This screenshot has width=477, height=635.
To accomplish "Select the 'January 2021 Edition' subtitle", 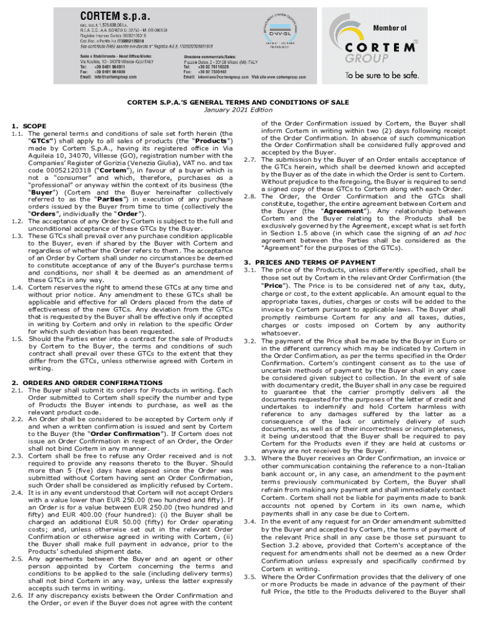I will [x=238, y=110].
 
